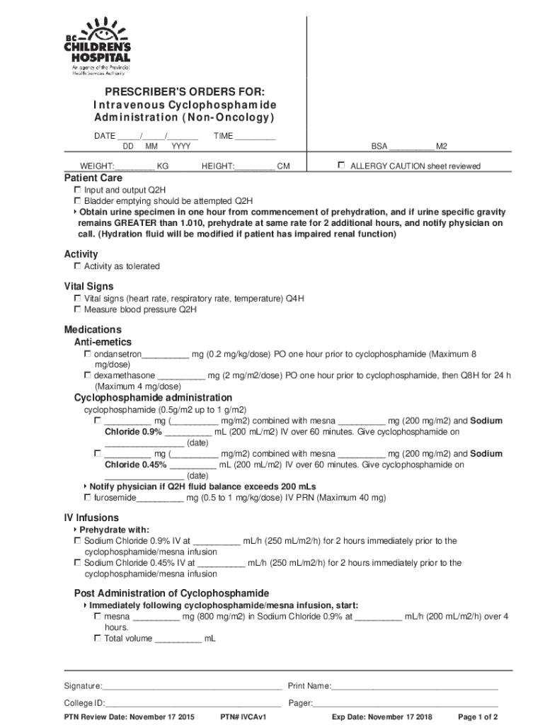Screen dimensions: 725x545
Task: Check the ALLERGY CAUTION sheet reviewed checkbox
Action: [x=341, y=165]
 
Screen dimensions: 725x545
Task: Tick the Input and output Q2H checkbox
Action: [x=78, y=190]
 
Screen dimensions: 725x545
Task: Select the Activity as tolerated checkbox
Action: [x=78, y=266]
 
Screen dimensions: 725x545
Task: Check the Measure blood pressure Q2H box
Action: [x=78, y=309]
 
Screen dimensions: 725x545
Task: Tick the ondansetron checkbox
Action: [x=88, y=353]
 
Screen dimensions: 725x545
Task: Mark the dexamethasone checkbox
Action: [x=88, y=375]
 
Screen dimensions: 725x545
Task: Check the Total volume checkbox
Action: [x=98, y=638]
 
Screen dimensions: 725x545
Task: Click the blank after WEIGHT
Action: [x=135, y=167]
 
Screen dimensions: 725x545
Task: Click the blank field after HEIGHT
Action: [x=255, y=167]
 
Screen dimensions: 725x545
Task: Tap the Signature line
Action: [x=192, y=687]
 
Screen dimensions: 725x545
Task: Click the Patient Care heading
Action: [x=93, y=178]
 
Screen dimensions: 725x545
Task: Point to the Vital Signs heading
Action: [x=89, y=287]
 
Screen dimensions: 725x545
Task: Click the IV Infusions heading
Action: [x=91, y=518]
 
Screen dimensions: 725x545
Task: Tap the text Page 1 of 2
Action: [x=478, y=717]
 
